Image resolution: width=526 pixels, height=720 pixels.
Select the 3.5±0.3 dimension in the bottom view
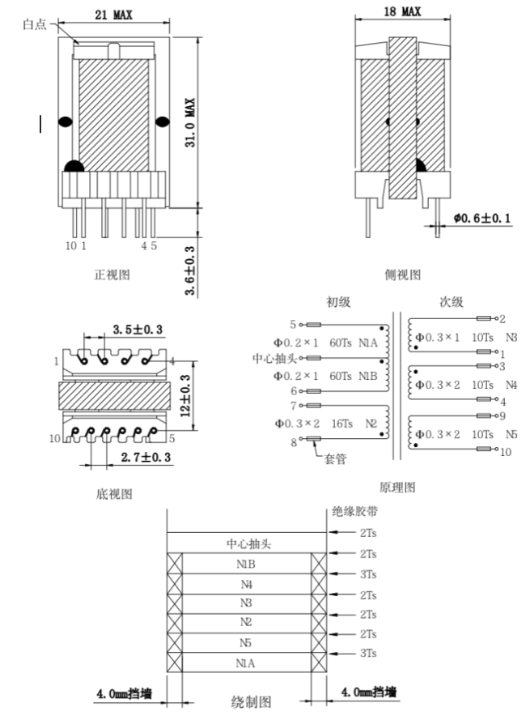[137, 330]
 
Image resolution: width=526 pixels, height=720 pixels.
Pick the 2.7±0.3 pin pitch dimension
[146, 458]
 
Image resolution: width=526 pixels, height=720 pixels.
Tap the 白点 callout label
[35, 26]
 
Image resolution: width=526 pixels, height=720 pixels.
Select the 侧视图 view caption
[402, 275]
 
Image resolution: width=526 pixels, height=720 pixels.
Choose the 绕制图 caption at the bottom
[252, 701]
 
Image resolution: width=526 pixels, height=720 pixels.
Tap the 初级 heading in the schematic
[338, 301]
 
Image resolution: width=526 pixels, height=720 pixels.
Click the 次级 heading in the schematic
[451, 301]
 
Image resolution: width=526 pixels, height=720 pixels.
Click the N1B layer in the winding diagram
[246, 563]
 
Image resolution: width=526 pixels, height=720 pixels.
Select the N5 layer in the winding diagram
[246, 642]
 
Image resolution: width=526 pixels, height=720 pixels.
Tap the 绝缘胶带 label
[354, 511]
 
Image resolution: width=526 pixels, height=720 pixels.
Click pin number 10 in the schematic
[506, 452]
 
